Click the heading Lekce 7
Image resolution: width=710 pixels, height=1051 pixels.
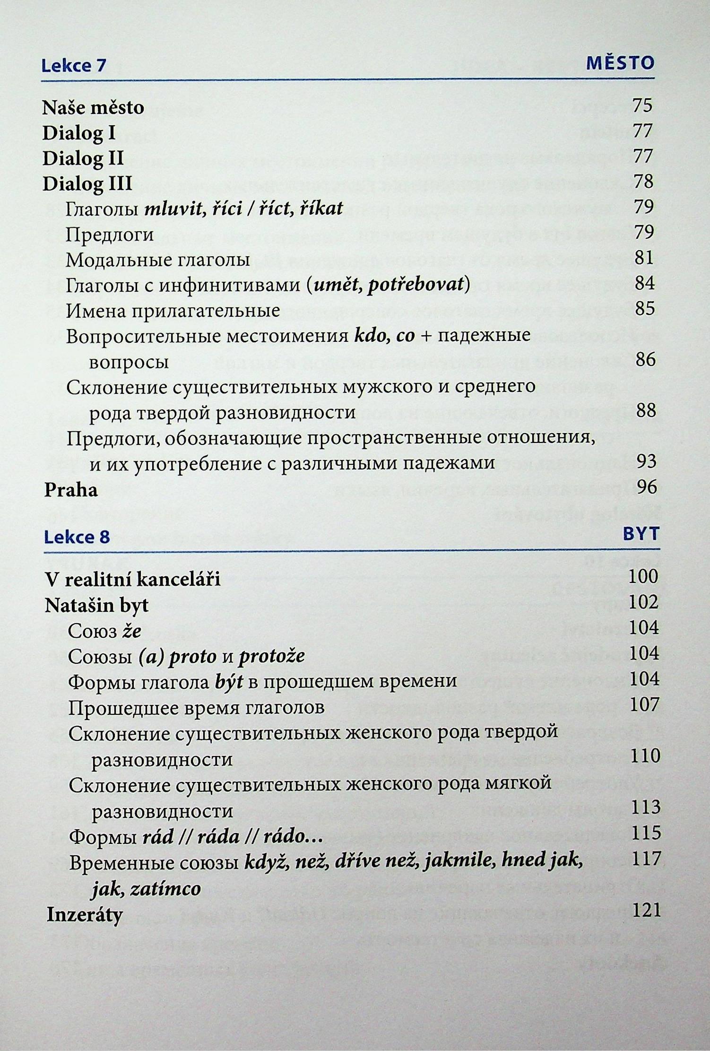(74, 65)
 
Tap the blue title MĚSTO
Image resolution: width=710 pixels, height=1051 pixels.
(620, 63)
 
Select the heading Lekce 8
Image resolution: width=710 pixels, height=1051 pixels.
(77, 538)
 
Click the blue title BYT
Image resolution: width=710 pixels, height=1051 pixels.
(641, 534)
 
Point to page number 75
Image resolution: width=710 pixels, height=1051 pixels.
(642, 105)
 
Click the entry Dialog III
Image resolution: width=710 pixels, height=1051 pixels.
(87, 183)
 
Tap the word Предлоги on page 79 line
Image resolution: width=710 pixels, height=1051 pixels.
(110, 235)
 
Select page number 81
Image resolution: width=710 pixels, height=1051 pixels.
(643, 258)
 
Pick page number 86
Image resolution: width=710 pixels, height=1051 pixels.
(646, 360)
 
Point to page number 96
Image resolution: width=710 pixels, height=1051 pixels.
(647, 487)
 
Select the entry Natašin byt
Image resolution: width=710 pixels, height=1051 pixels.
(96, 606)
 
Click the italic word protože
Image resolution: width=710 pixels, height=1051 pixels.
(272, 656)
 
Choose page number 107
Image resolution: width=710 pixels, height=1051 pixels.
(644, 704)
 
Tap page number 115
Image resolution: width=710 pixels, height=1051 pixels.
(646, 833)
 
